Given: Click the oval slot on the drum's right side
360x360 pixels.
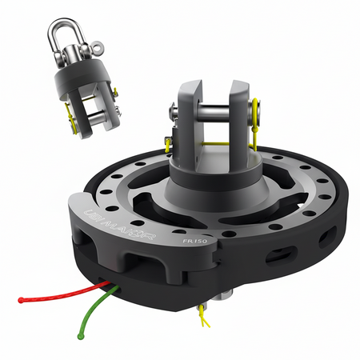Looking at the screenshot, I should click(281, 254).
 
